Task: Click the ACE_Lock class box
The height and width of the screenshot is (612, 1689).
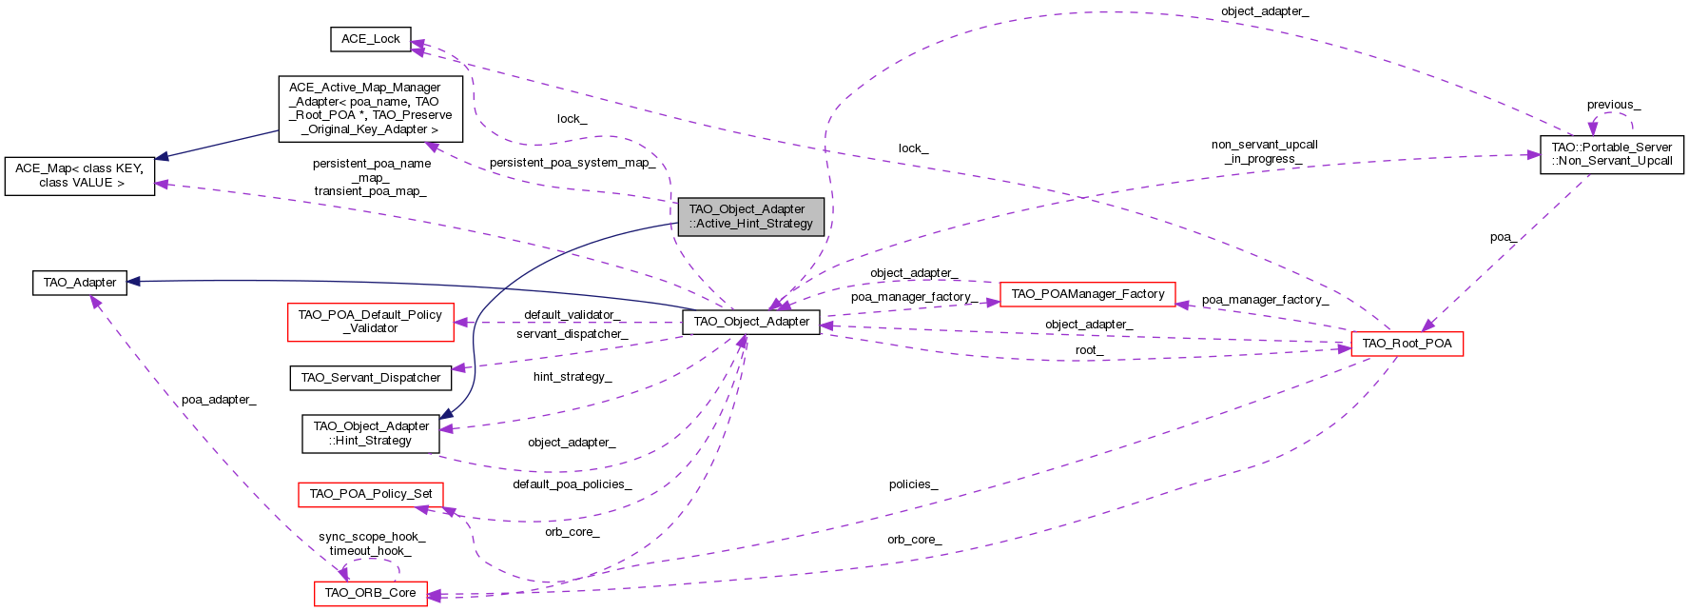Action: (370, 39)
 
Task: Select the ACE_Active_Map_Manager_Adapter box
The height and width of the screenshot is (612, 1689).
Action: (370, 109)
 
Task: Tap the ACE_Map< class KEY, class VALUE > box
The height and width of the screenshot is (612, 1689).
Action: (79, 176)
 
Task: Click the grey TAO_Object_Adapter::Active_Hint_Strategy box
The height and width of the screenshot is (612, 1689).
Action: (750, 216)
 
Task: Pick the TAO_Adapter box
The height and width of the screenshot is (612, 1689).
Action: (80, 283)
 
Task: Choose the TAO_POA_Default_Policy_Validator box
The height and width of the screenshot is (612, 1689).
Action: (370, 322)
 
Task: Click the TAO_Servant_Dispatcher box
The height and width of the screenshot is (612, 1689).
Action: (370, 378)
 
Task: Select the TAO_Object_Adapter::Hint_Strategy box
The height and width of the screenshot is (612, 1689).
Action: (370, 433)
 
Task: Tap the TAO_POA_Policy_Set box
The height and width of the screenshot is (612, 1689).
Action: (370, 494)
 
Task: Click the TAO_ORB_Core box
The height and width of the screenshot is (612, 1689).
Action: (370, 593)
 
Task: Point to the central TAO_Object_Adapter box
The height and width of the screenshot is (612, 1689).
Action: (750, 322)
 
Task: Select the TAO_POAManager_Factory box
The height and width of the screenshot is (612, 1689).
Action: (1087, 294)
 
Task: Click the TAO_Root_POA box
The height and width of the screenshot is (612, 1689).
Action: (1407, 344)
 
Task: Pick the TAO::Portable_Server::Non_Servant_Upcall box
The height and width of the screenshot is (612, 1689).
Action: (1611, 154)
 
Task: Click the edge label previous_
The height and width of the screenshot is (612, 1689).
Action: (1613, 105)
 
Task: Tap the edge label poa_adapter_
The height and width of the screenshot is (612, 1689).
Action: (219, 400)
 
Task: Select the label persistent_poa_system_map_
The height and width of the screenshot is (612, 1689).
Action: (573, 163)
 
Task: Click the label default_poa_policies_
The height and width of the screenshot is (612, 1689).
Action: (572, 484)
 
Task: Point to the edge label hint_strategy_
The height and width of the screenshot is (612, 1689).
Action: (572, 377)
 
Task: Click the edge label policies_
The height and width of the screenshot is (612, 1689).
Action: (913, 484)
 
